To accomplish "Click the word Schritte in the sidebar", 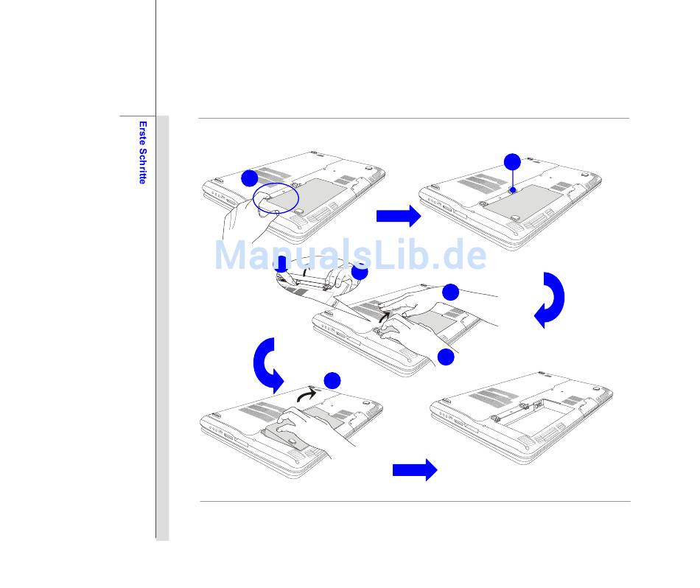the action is tap(143, 164).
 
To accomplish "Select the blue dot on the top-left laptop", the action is tap(249, 178).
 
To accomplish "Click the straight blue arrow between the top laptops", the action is tap(399, 216).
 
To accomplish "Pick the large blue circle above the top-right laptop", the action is tap(512, 162).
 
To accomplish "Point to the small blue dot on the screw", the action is tap(512, 189).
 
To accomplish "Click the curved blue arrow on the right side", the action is tap(551, 300).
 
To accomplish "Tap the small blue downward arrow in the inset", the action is tap(281, 265).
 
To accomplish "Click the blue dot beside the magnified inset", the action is tap(360, 271).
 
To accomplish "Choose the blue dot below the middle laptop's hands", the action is tap(445, 357).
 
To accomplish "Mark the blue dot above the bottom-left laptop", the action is tap(332, 380).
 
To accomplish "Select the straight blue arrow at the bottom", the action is tap(415, 470).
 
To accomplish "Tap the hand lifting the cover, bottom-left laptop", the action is tap(309, 427).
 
